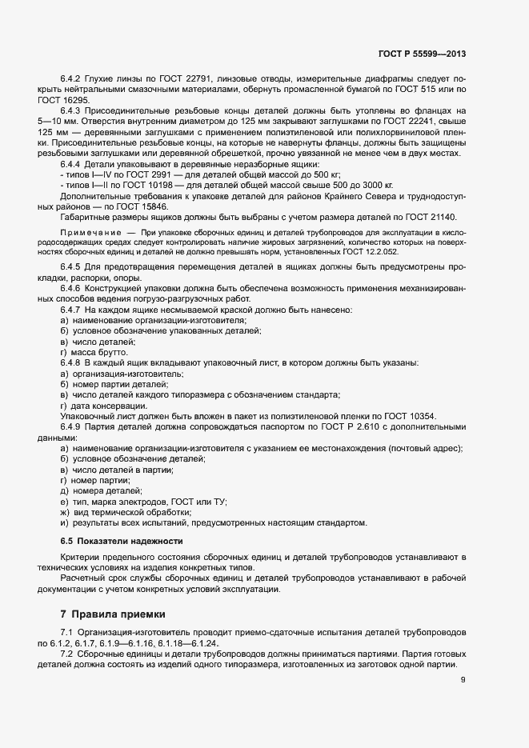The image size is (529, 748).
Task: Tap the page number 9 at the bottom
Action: [463, 681]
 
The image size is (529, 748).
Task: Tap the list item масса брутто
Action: [98, 352]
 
